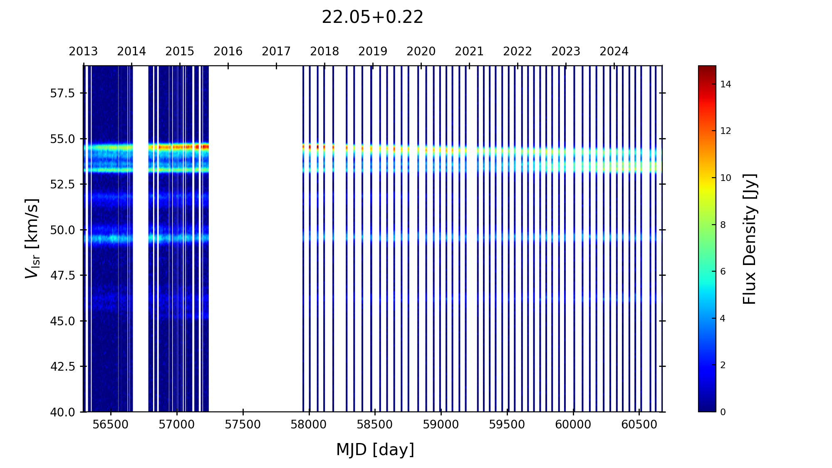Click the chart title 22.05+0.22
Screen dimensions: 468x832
click(372, 17)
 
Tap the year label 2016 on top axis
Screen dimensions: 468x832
click(228, 52)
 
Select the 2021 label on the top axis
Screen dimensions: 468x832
click(469, 52)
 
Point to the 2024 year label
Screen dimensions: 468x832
click(614, 52)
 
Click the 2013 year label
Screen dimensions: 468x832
click(83, 52)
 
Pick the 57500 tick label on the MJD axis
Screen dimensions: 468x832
click(243, 425)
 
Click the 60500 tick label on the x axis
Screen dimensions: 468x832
click(639, 425)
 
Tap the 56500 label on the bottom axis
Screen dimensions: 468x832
click(111, 425)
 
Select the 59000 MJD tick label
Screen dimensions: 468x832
click(441, 425)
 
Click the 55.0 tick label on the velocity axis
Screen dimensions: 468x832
click(62, 139)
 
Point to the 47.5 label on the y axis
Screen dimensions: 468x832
click(62, 275)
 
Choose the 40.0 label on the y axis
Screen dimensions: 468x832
click(62, 412)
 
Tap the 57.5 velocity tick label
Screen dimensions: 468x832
click(62, 93)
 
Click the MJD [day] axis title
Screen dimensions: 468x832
click(375, 450)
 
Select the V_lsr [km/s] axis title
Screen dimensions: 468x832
click(32, 238)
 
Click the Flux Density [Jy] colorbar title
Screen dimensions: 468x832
click(750, 239)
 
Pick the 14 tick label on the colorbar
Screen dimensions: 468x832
click(726, 84)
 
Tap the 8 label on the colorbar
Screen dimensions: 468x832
click(723, 225)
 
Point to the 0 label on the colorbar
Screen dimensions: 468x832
click(723, 412)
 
